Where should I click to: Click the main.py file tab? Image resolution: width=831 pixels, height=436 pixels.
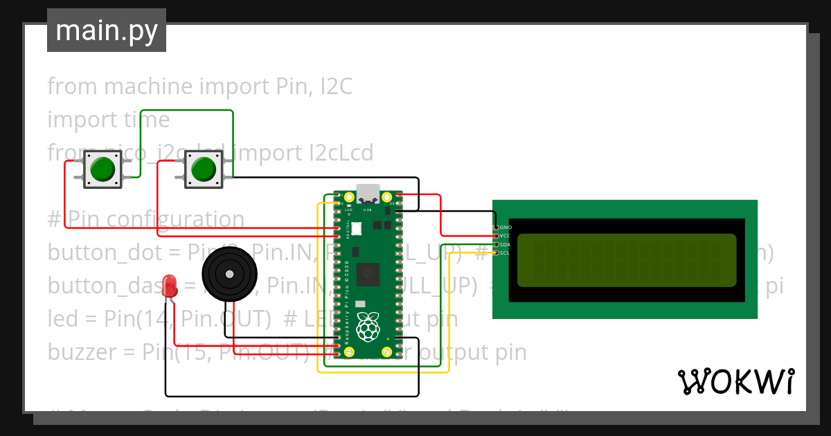[x=106, y=30]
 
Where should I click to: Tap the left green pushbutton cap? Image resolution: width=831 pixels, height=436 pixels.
[x=102, y=169]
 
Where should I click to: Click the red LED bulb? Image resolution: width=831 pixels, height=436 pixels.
[x=169, y=286]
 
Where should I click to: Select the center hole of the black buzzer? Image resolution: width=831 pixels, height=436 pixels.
[x=229, y=274]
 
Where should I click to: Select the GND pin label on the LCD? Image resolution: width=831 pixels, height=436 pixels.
[x=506, y=227]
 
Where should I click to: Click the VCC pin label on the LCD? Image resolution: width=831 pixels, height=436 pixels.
[x=506, y=235]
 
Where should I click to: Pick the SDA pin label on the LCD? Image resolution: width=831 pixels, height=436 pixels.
[x=506, y=244]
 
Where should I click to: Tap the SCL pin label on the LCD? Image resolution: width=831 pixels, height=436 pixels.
[x=506, y=253]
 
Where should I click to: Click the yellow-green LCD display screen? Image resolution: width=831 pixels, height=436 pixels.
[x=627, y=260]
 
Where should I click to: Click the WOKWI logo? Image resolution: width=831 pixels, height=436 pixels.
[x=735, y=381]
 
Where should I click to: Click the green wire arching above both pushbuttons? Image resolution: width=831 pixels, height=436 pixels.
[x=187, y=111]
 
